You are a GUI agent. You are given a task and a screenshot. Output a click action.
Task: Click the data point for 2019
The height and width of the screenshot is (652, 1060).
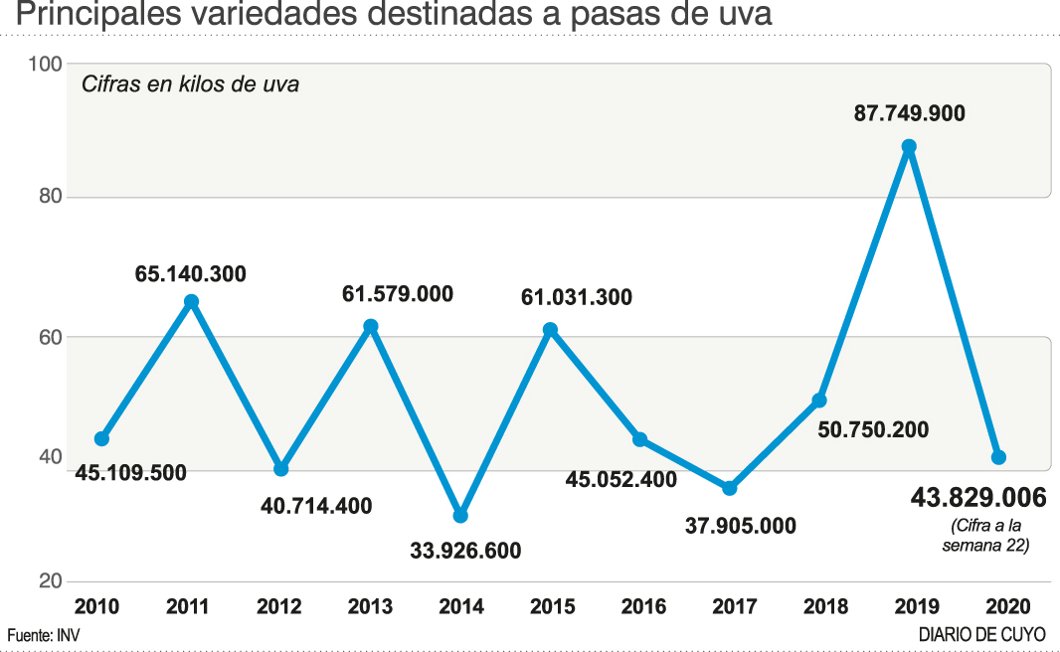[908, 147]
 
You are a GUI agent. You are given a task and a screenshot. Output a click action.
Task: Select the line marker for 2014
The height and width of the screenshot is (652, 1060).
[460, 516]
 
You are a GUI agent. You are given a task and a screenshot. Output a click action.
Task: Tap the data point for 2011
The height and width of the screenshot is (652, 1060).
[192, 301]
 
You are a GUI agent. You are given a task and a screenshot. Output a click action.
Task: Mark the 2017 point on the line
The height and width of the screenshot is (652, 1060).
[729, 488]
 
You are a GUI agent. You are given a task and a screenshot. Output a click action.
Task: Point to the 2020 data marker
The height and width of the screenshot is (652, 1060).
[998, 457]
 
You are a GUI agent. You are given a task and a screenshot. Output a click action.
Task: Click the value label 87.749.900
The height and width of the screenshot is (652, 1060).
[909, 113]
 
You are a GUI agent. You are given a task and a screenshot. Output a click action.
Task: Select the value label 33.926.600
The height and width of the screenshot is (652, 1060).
[465, 550]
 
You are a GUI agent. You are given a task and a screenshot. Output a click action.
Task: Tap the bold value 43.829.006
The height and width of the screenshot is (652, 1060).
[978, 497]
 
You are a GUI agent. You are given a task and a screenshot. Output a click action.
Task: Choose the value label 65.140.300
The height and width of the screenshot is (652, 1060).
[191, 273]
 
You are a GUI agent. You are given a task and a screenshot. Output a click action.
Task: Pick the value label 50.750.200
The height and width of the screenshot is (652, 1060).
[873, 430]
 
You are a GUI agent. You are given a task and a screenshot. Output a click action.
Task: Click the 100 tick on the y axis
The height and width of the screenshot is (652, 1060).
[46, 64]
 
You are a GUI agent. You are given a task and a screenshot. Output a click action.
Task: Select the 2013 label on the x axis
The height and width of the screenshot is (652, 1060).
[370, 606]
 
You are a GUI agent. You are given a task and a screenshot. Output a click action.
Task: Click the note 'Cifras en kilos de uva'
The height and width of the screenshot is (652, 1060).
[190, 84]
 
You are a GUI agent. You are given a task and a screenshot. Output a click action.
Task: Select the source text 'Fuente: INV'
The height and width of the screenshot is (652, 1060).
[43, 634]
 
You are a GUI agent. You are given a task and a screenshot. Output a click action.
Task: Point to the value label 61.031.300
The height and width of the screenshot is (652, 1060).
[578, 297]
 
